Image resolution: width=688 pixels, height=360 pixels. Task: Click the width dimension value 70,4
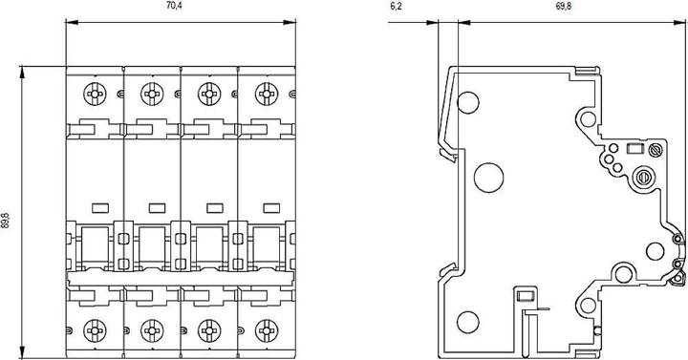pos(173,6)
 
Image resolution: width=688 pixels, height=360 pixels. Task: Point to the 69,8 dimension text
pos(563,6)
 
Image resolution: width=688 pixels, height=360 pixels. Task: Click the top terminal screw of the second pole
pos(150,94)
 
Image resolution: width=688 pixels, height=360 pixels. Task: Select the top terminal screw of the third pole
pos(206,94)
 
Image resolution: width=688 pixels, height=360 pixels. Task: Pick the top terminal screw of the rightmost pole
pos(263,94)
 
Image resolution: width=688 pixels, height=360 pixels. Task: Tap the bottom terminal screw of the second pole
pos(150,332)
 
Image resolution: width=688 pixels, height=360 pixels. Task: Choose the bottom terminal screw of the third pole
pos(206,332)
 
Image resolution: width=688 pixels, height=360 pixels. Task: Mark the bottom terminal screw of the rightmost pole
pos(263,332)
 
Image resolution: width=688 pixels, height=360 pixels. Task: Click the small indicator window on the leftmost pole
pos(97,205)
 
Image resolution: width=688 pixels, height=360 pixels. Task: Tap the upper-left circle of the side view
pos(467,100)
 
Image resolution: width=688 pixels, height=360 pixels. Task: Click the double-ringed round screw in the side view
pos(642,177)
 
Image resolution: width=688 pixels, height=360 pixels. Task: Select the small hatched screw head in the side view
pos(656,151)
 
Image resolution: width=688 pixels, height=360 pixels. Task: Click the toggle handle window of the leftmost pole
pos(95,245)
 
